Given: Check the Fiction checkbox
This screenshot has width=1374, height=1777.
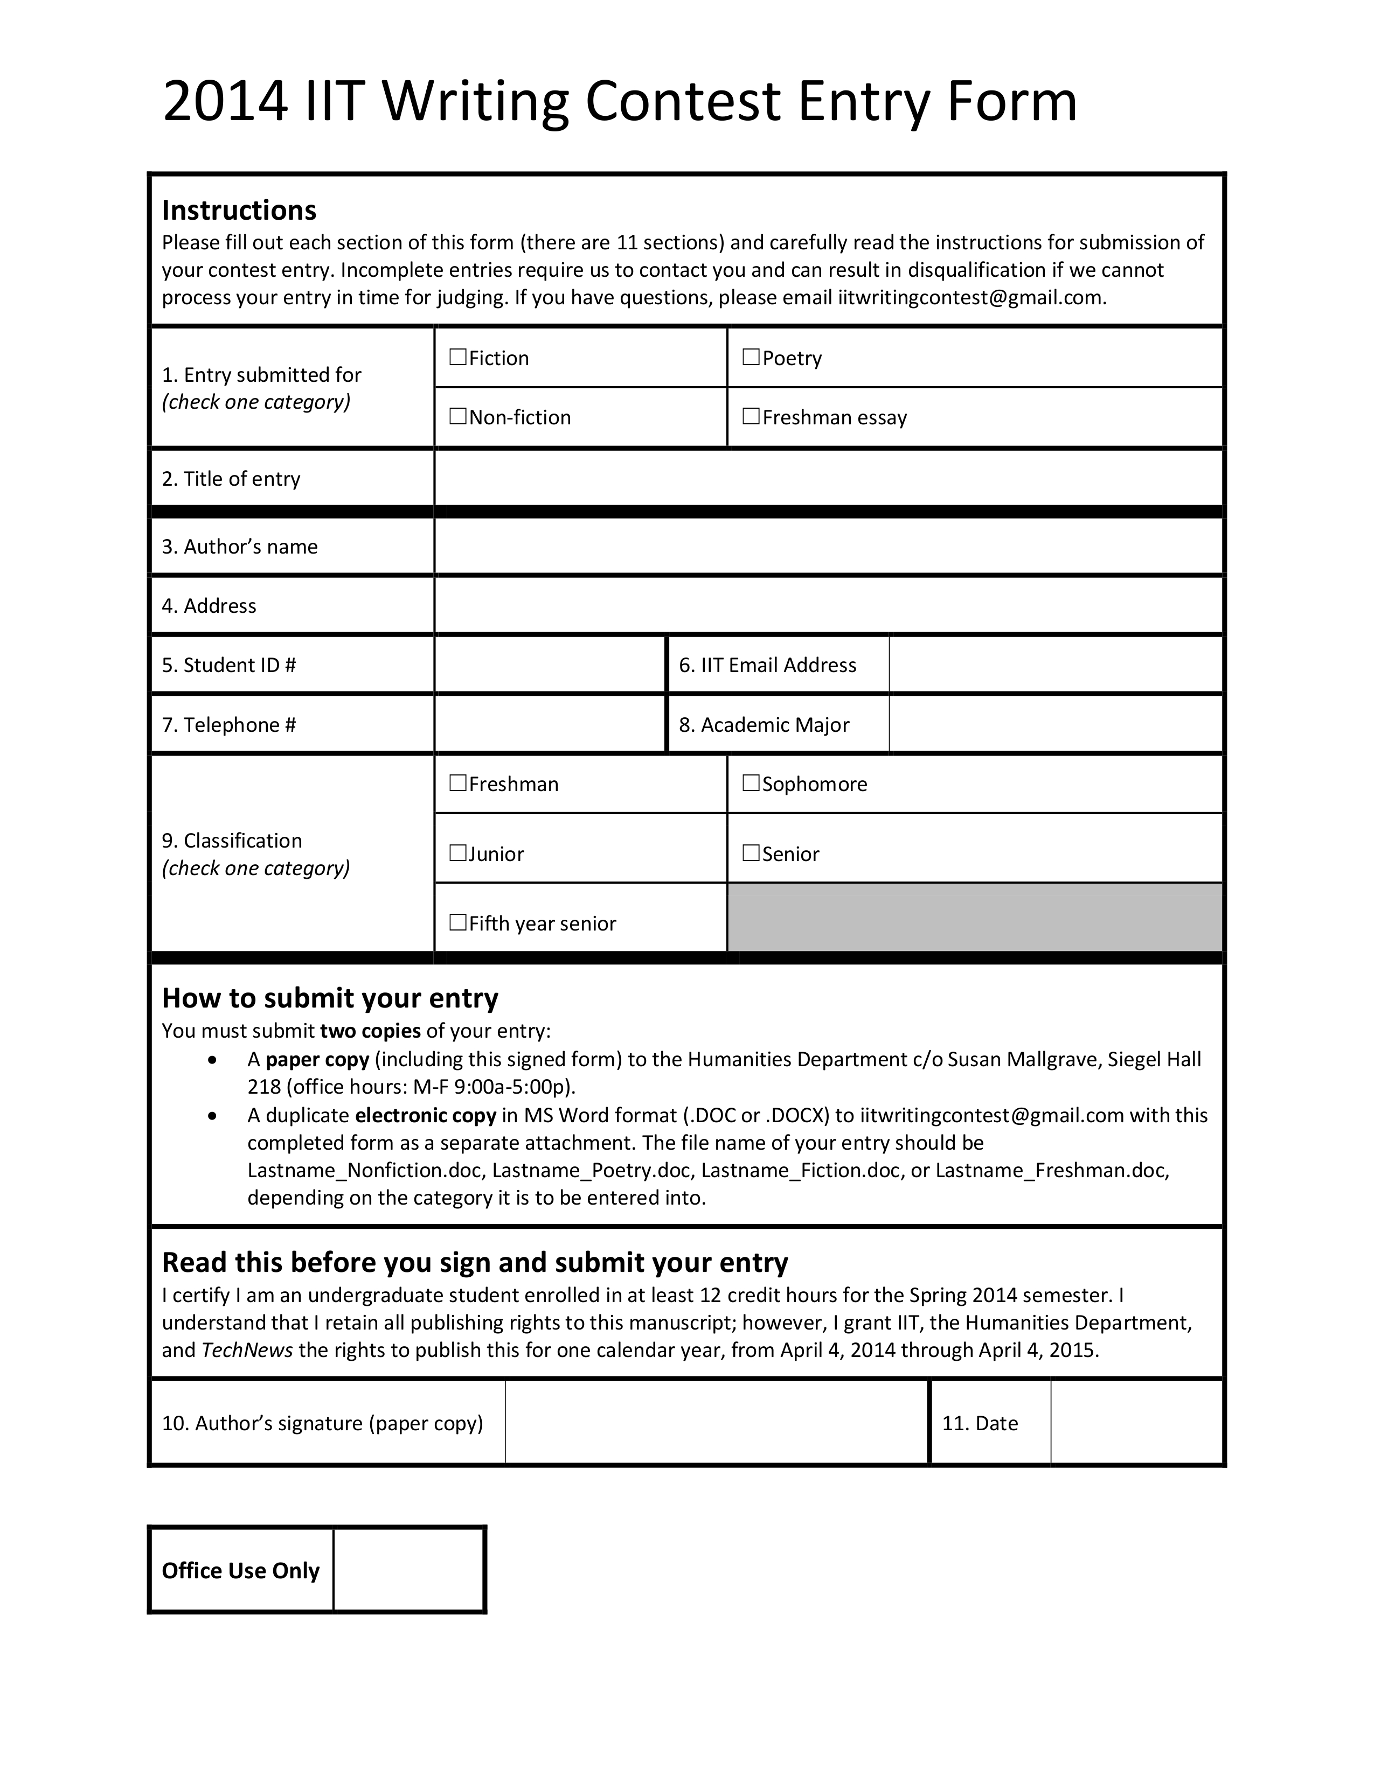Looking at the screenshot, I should [x=457, y=357].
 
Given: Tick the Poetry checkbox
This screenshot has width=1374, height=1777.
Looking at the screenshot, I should [x=751, y=357].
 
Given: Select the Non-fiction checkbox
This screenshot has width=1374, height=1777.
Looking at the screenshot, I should [x=457, y=417].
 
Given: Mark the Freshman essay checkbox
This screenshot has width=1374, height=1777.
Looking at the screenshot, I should [x=751, y=417].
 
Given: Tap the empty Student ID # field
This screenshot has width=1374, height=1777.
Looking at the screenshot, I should [x=550, y=664].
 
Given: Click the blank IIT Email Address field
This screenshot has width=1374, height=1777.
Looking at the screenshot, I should [x=1056, y=664].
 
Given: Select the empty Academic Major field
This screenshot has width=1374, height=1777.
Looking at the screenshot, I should [x=1056, y=724].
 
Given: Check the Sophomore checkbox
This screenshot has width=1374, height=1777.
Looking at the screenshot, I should [x=751, y=783].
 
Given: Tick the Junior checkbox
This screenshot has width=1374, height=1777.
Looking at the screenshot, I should [x=457, y=853].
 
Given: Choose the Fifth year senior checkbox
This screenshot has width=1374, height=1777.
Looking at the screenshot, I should [x=457, y=922].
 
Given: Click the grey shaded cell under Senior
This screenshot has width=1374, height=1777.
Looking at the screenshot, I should [x=974, y=918].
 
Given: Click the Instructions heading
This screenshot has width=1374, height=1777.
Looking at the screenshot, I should [x=239, y=210].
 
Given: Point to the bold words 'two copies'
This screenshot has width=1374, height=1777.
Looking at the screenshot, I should [x=370, y=1031].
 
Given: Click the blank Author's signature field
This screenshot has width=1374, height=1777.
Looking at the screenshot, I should [x=716, y=1422].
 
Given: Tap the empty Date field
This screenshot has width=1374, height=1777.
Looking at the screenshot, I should [x=1136, y=1422].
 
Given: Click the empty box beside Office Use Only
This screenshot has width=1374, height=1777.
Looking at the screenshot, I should [x=408, y=1570].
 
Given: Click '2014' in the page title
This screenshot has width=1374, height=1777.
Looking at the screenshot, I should [x=225, y=102].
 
